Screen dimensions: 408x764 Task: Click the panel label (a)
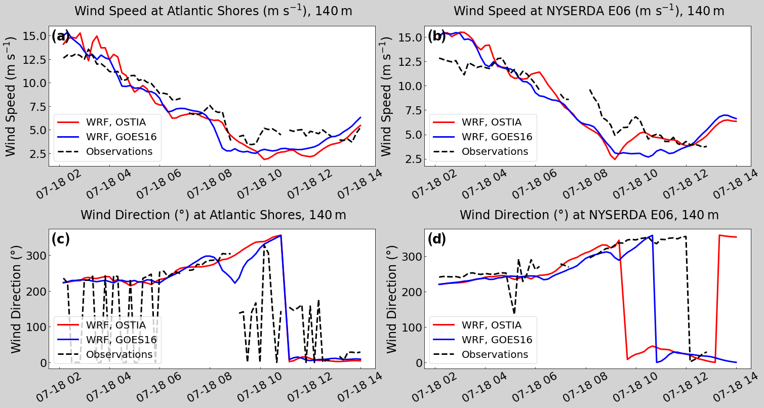(x=60, y=36)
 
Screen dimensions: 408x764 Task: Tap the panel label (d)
(x=436, y=239)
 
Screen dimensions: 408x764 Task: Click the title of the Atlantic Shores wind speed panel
(x=213, y=11)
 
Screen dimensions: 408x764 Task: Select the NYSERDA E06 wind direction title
(x=589, y=215)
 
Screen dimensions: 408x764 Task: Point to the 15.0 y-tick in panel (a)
(x=34, y=36)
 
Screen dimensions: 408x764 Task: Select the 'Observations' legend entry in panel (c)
(x=119, y=354)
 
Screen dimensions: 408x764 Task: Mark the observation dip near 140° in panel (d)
(x=514, y=312)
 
